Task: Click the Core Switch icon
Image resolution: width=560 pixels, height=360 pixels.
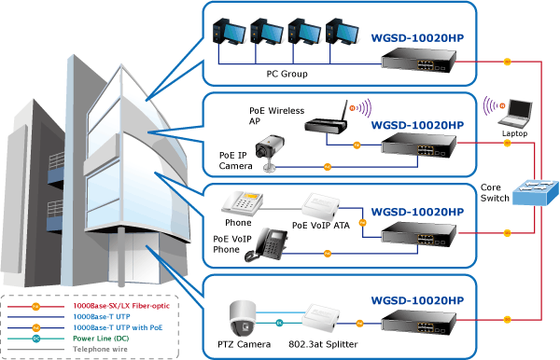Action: [536, 192]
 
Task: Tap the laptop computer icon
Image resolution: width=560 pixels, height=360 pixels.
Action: [516, 114]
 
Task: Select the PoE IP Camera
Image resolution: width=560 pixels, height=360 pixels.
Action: [269, 152]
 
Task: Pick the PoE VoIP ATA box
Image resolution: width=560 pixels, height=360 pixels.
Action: [319, 207]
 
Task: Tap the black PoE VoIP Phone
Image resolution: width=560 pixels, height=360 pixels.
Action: [266, 244]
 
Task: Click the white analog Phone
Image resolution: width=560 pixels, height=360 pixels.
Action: [242, 203]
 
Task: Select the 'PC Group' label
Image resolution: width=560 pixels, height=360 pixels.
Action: [287, 75]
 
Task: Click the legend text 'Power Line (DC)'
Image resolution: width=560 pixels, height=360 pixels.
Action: [101, 339]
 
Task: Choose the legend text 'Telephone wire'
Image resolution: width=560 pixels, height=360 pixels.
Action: [100, 349]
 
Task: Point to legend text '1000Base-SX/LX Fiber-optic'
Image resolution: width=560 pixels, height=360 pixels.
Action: [121, 306]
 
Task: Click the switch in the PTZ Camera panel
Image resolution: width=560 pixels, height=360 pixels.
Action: [418, 322]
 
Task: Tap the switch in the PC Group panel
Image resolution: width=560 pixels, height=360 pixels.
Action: [418, 60]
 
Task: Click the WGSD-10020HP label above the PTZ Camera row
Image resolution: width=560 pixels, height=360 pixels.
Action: [417, 300]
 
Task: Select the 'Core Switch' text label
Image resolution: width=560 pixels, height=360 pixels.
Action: [495, 193]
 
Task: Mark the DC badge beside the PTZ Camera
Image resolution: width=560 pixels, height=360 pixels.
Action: [280, 323]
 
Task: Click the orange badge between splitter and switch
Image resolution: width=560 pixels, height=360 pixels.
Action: [359, 324]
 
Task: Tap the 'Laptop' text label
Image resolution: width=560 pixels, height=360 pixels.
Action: [514, 133]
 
